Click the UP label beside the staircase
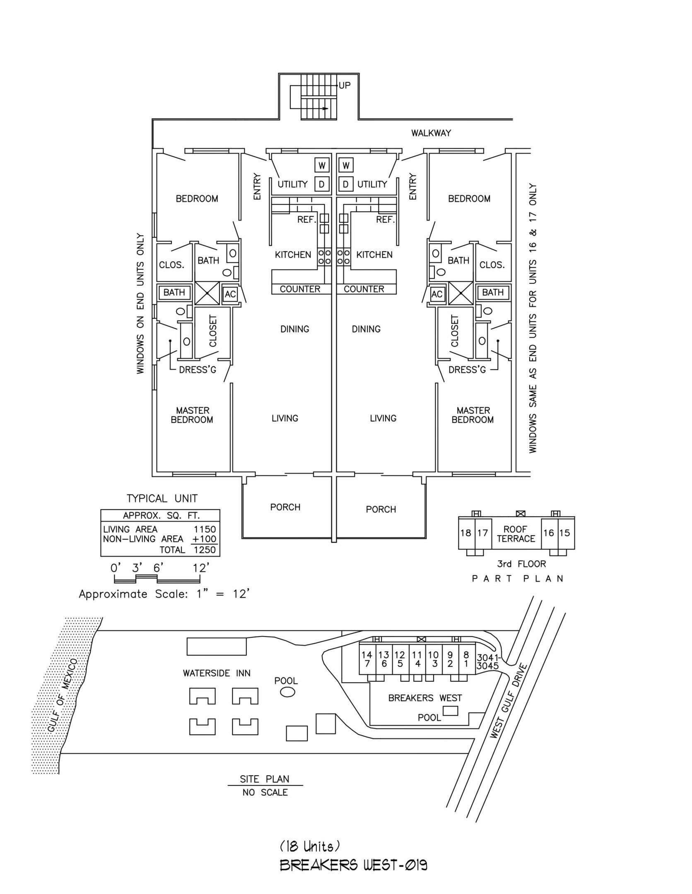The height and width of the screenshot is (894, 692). [x=345, y=86]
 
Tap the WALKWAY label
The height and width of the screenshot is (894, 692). [x=431, y=133]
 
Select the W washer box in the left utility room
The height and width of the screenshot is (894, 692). [x=322, y=166]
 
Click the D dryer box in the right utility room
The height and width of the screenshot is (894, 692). [x=346, y=184]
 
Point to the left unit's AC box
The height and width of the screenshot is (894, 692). [x=230, y=294]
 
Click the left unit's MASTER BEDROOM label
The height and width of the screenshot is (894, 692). [x=193, y=415]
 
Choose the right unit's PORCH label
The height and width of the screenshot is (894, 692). [x=381, y=509]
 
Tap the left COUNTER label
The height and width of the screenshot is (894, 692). [x=300, y=289]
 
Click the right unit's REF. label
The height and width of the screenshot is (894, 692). [x=385, y=220]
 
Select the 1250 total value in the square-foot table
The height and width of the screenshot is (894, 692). [x=205, y=550]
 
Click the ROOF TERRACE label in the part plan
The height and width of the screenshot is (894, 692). [x=516, y=534]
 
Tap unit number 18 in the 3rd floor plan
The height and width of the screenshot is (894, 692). [x=465, y=533]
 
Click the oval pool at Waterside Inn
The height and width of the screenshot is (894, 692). [x=287, y=692]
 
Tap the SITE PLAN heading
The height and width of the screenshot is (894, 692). [x=265, y=779]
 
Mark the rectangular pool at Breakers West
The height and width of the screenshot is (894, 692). [x=450, y=711]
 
